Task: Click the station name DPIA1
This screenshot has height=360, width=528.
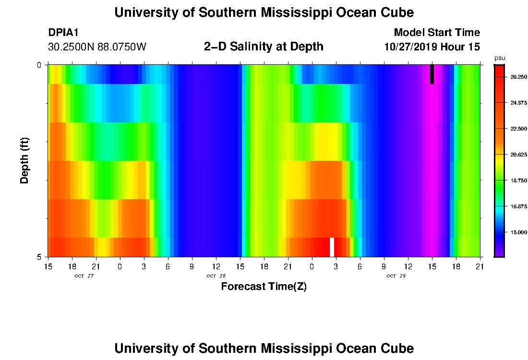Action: click(63, 33)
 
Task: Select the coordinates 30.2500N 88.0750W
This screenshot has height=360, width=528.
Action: click(97, 47)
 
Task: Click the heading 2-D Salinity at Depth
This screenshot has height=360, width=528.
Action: click(264, 47)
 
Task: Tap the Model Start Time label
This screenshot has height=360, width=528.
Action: click(436, 33)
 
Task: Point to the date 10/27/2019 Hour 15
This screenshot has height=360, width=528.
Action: click(432, 47)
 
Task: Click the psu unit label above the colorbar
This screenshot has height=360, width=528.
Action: click(499, 58)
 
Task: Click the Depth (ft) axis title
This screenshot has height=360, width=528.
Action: click(25, 160)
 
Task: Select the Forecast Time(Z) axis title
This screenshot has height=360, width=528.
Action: click(264, 287)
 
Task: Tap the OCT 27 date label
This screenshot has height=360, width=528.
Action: click(84, 276)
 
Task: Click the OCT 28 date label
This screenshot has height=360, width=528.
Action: click(216, 276)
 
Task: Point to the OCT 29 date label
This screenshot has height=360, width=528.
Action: click(396, 276)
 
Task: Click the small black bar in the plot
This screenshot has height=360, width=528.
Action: click(432, 74)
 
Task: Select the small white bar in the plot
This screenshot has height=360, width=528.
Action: click(332, 247)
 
